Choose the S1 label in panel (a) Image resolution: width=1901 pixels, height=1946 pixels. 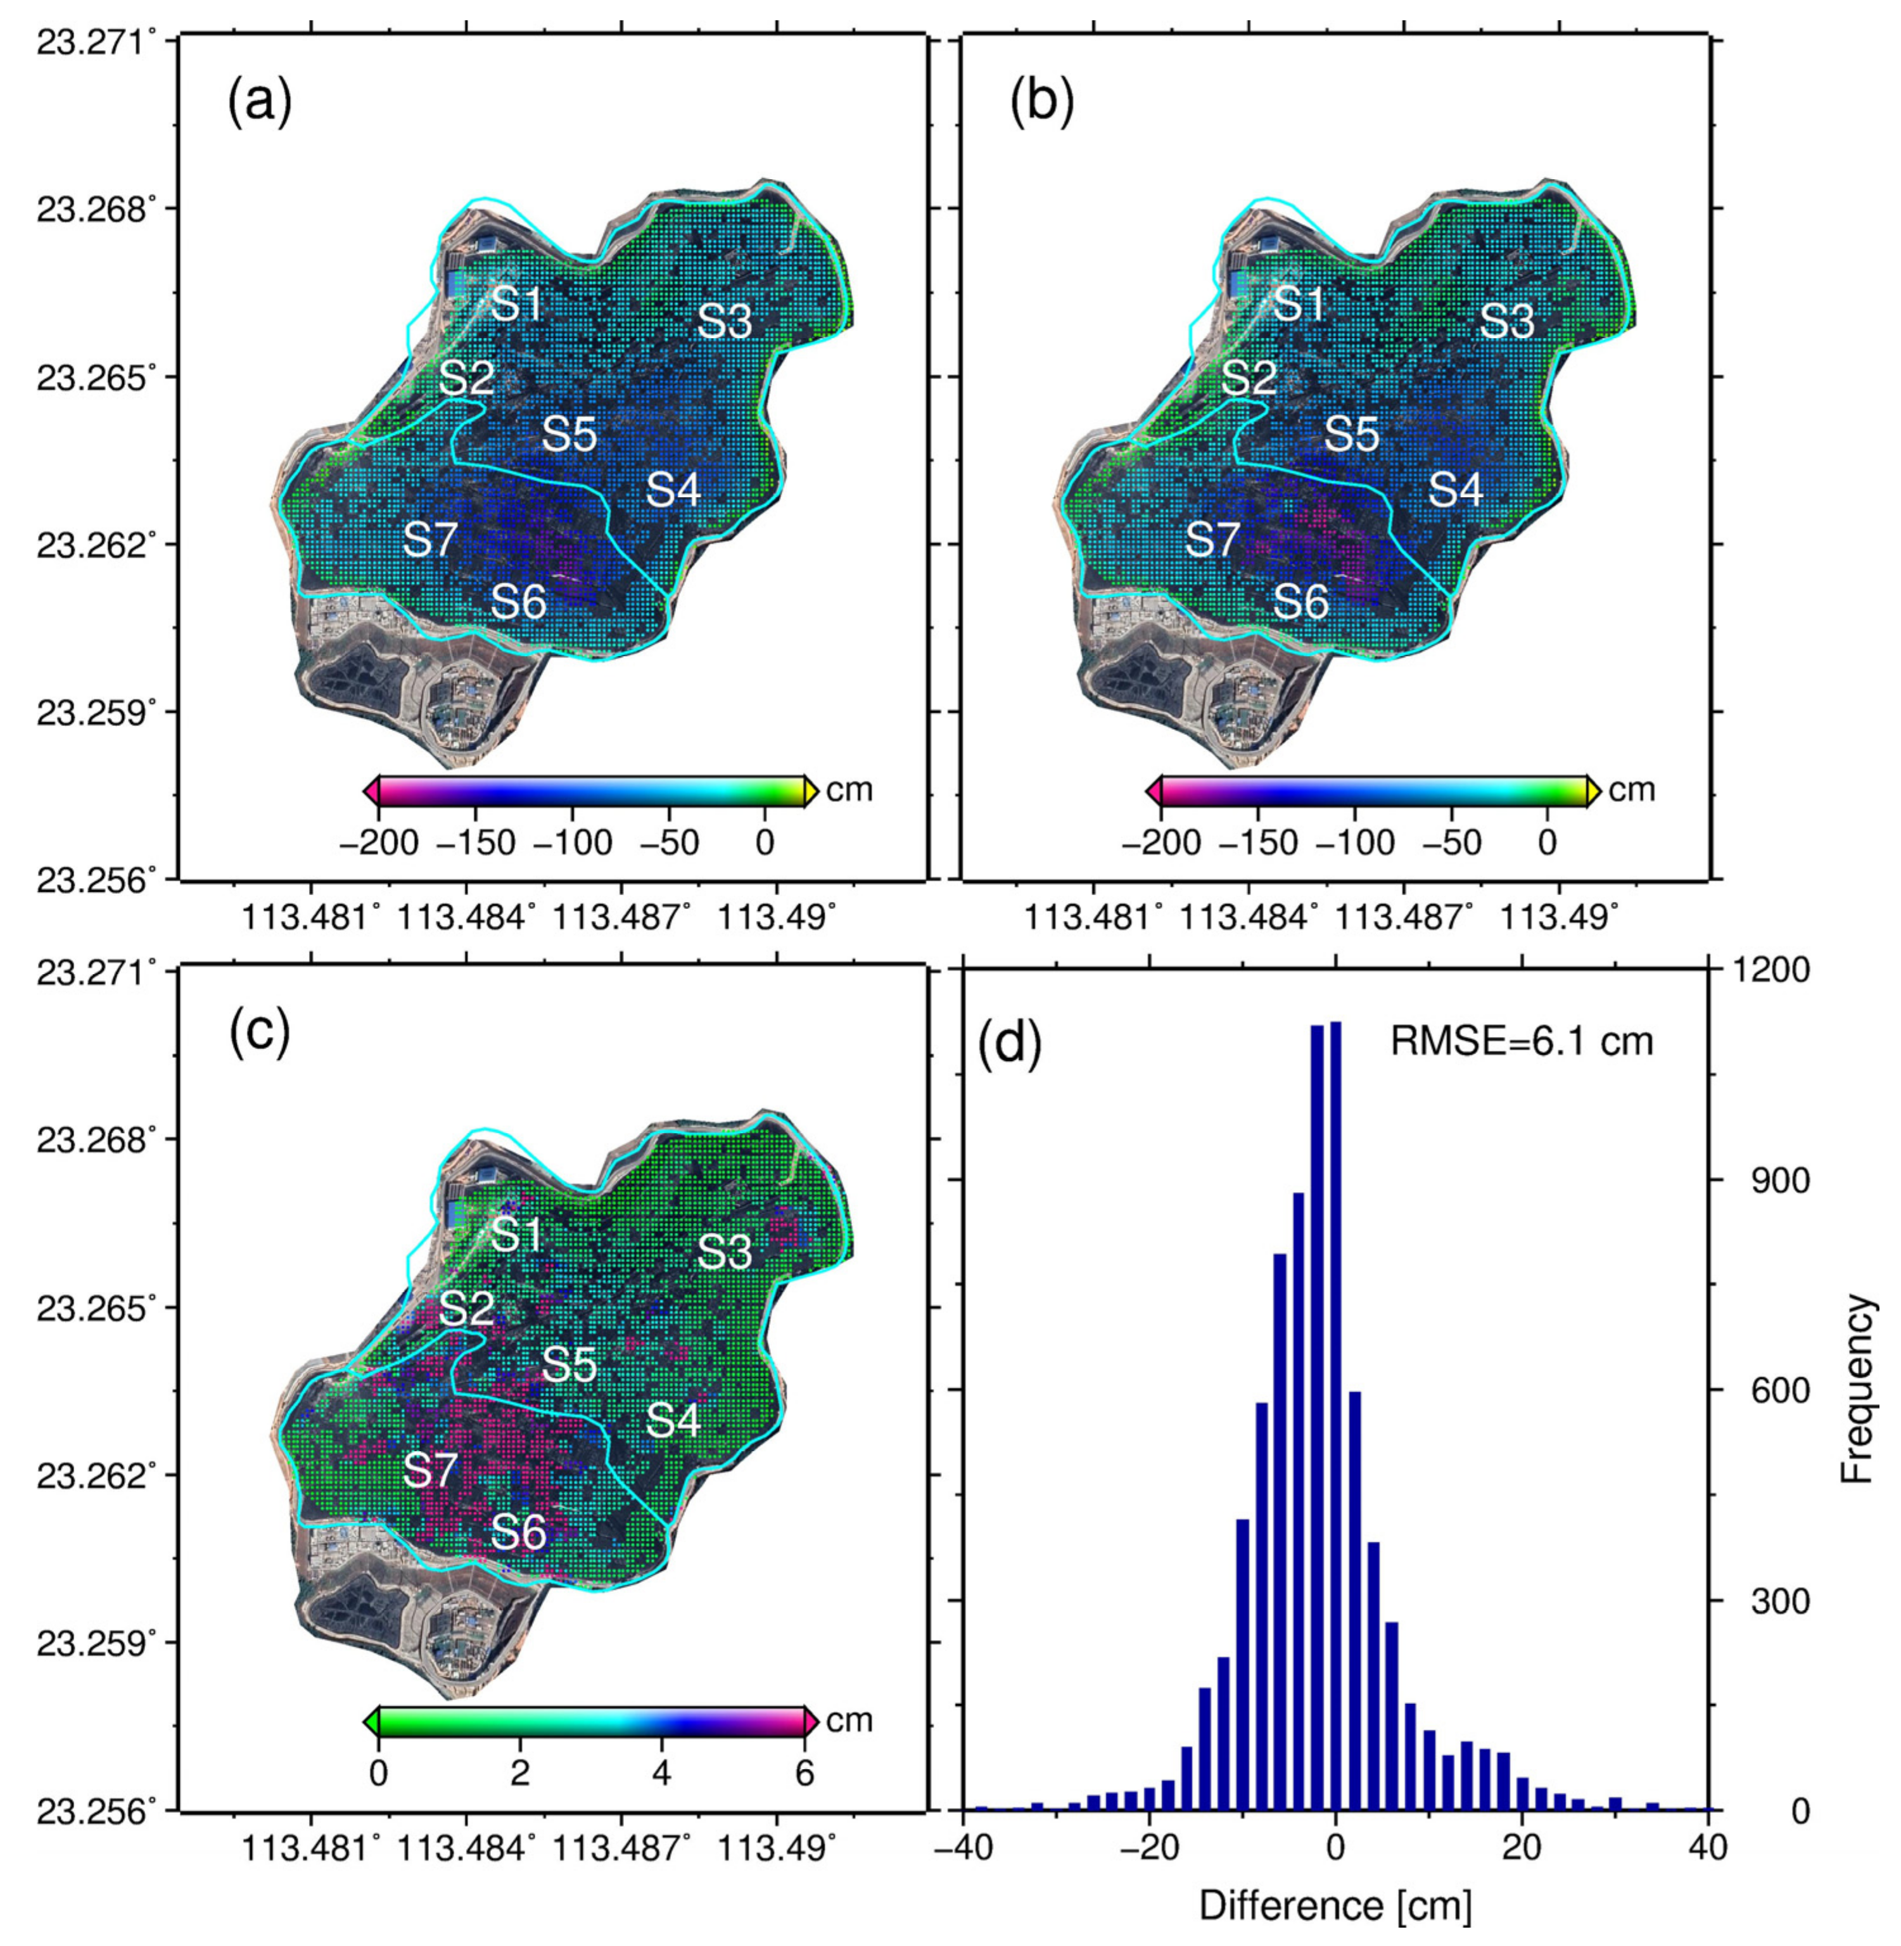click(517, 303)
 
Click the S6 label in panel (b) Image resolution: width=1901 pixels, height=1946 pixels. click(1302, 602)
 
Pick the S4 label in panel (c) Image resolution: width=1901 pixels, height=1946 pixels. click(673, 1420)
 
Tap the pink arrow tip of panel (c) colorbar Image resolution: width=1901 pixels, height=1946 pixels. click(811, 1721)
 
